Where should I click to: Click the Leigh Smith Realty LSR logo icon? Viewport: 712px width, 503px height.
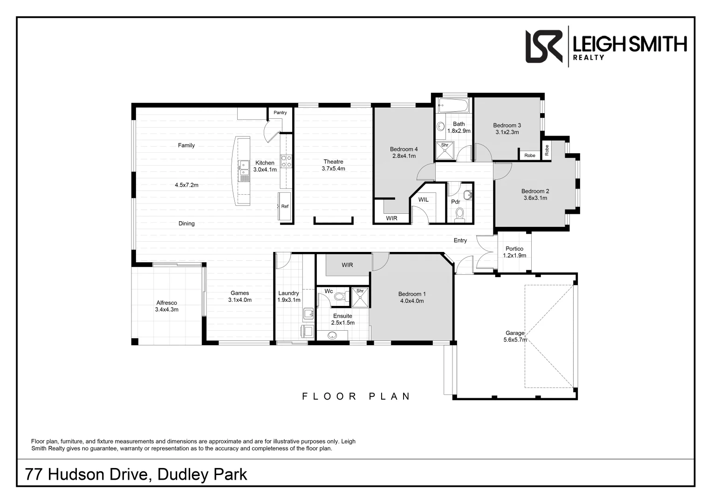pos(544,46)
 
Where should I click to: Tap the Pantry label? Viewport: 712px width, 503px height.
pos(280,113)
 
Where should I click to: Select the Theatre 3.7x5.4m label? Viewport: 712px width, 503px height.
pos(333,165)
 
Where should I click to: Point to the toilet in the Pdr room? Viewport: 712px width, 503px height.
pos(460,214)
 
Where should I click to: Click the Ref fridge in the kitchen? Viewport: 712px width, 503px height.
pos(284,206)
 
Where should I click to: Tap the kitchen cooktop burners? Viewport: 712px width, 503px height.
pos(286,161)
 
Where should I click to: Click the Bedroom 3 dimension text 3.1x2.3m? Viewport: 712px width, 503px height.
pos(507,132)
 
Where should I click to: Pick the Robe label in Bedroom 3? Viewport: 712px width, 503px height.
pos(530,156)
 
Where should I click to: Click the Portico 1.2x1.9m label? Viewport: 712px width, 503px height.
pos(514,252)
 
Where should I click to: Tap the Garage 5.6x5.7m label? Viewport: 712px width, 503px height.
pos(515,336)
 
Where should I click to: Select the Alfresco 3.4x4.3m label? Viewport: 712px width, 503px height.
pos(166,306)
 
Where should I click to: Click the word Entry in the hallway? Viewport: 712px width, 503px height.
pos(460,240)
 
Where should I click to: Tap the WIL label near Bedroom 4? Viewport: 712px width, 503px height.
pos(423,200)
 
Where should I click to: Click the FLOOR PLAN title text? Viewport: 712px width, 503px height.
pos(356,396)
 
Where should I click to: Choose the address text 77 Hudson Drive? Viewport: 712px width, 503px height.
pos(87,475)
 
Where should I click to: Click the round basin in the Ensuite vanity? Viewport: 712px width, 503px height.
pos(332,335)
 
